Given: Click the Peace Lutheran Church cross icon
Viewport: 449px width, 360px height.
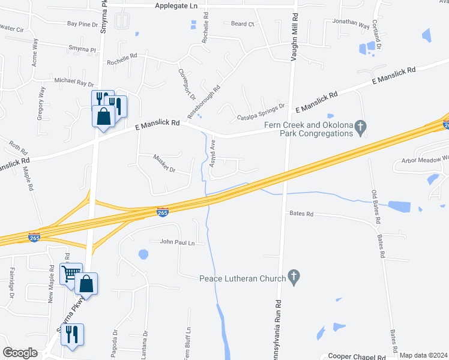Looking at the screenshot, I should pyautogui.click(x=294, y=277).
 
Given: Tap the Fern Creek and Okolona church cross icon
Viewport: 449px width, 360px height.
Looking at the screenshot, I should pyautogui.click(x=360, y=127).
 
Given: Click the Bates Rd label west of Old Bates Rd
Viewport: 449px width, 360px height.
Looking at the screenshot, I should pyautogui.click(x=301, y=214).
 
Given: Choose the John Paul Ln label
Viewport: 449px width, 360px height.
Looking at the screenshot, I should pyautogui.click(x=178, y=243).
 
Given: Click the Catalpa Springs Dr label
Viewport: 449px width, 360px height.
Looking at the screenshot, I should pyautogui.click(x=261, y=113).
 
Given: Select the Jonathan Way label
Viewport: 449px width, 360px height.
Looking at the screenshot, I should pyautogui.click(x=351, y=23).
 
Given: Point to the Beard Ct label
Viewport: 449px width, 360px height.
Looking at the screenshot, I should pyautogui.click(x=243, y=24).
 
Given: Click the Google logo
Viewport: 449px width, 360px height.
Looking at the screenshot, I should pyautogui.click(x=20, y=353).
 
